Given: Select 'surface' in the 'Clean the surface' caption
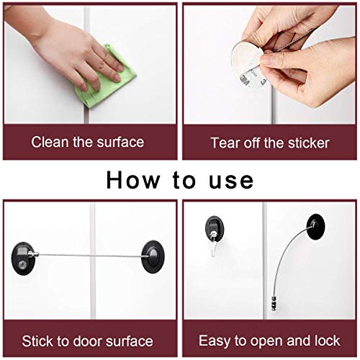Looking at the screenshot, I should pos(120,142).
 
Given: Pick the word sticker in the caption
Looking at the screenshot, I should pos(305,142).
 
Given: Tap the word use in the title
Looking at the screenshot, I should pos(230,179).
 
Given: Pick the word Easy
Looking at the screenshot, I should pos(215,341).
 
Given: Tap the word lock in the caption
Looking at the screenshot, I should pos(327,341).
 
